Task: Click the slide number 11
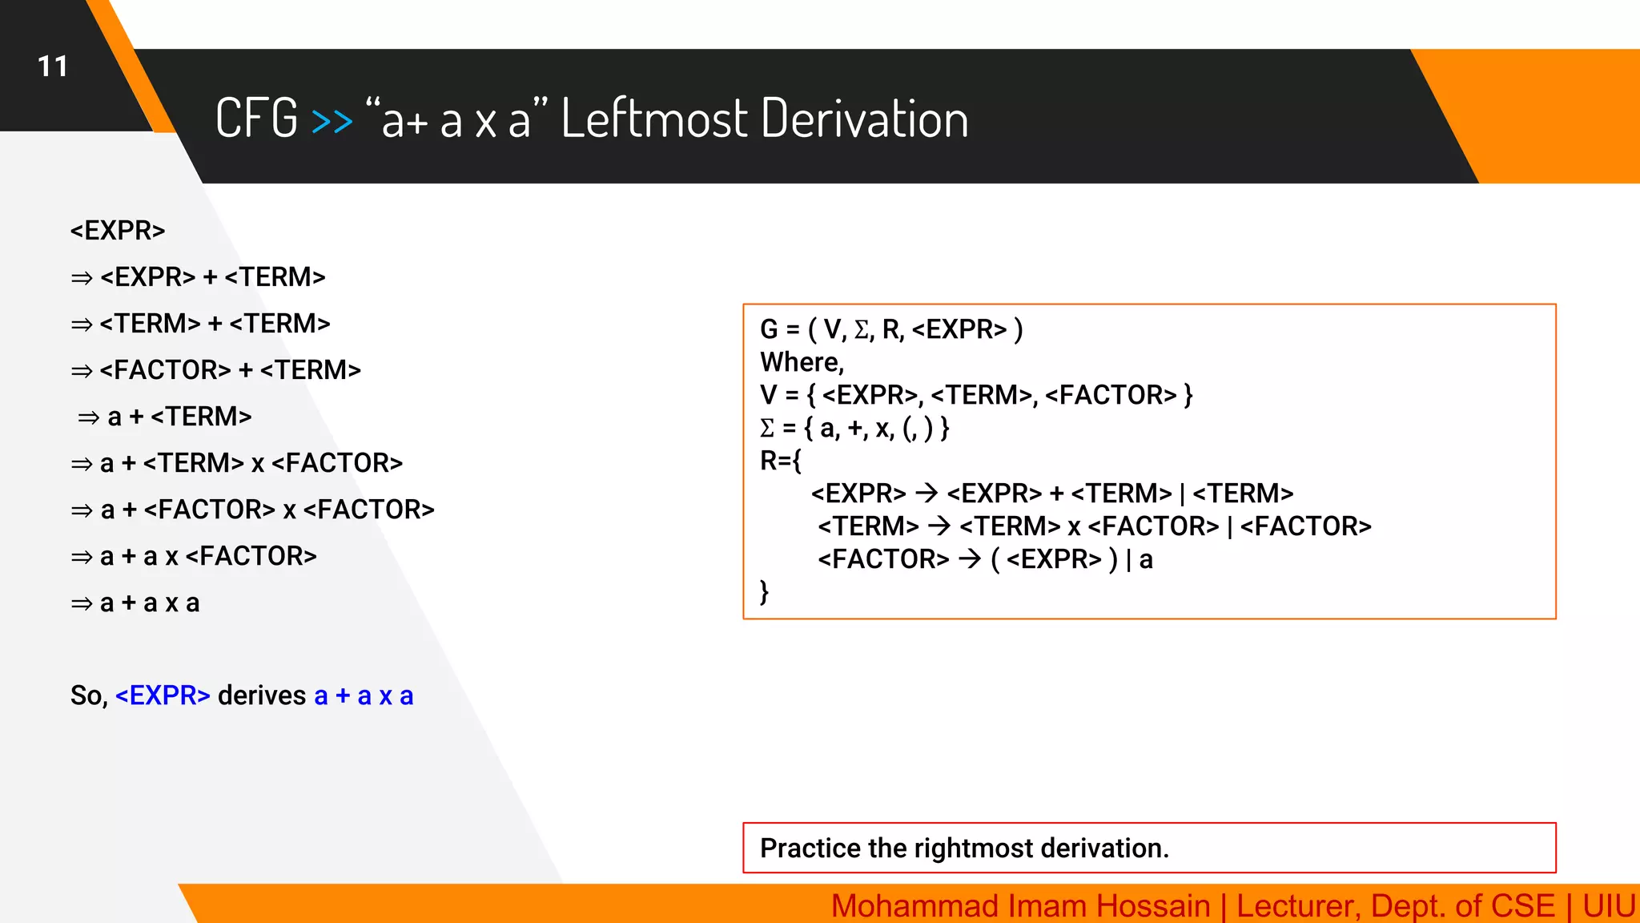pos(53,67)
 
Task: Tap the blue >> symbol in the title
pos(332,121)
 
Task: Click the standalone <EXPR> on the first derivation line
pos(118,231)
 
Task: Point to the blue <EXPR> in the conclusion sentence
pos(163,695)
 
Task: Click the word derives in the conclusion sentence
pos(262,695)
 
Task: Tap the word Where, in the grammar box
pos(802,362)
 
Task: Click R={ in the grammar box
pos(781,461)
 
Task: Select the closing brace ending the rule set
pos(765,592)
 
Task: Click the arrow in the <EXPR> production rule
pos(927,493)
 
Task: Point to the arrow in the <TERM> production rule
pos(939,526)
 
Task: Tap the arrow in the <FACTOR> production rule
pos(970,558)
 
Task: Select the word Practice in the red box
pos(810,848)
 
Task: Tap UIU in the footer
pos(1609,906)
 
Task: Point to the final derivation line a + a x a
pos(149,603)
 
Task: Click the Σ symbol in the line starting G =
pos(862,329)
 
